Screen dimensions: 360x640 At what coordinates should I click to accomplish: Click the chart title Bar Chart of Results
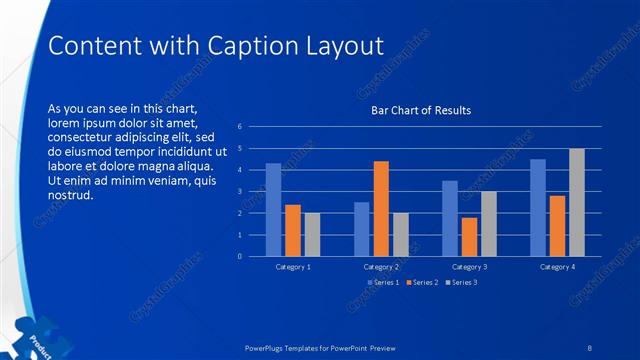coord(421,110)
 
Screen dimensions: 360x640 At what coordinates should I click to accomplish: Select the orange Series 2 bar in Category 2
coord(381,208)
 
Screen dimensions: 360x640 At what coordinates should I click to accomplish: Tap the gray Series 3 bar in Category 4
coord(577,202)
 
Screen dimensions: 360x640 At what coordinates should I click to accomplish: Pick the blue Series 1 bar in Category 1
coord(273,209)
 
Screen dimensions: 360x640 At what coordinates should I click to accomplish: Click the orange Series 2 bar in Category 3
coord(469,236)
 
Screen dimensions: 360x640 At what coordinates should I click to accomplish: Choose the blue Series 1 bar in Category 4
coord(538,207)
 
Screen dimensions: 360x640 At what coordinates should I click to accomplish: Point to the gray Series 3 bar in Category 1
coord(312,234)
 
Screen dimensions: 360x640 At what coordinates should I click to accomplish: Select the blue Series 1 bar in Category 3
coord(450,218)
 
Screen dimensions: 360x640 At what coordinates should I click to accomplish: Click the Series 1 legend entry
coord(385,283)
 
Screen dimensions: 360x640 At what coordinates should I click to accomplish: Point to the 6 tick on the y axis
coord(240,127)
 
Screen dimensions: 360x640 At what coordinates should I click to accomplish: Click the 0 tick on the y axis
coord(240,256)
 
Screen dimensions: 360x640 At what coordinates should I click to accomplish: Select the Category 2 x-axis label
coord(381,267)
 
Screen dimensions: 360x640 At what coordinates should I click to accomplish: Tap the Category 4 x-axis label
coord(557,267)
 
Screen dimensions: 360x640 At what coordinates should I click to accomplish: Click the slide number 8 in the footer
coord(590,347)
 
